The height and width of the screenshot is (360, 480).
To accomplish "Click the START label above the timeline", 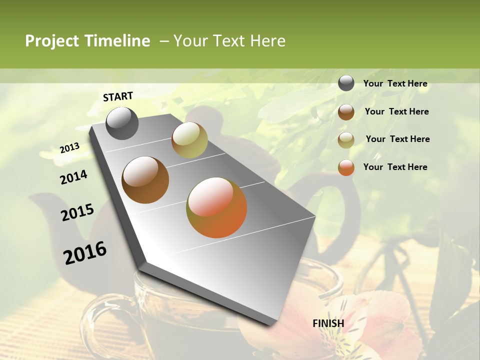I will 118,96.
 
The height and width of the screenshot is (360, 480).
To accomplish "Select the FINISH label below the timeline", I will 328,323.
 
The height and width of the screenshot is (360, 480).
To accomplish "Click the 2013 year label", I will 70,147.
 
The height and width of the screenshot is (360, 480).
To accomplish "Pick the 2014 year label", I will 73,177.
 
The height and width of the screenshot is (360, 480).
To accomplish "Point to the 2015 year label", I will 77,212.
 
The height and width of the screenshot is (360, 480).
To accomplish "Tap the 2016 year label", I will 85,252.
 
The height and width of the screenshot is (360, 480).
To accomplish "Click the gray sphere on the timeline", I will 122,123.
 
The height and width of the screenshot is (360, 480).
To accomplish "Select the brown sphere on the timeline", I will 145,180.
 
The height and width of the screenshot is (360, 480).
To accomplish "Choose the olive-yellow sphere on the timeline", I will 189,140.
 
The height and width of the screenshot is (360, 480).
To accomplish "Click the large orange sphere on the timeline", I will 216,207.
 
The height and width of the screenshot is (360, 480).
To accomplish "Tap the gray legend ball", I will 346,83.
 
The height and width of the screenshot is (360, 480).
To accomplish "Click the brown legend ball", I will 346,111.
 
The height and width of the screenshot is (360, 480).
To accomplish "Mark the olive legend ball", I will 346,139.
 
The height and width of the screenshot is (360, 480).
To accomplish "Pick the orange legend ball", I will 346,167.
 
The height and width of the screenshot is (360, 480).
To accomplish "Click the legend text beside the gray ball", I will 395,83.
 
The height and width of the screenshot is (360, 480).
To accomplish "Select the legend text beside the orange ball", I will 395,167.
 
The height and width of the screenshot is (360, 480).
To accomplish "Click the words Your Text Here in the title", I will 229,41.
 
